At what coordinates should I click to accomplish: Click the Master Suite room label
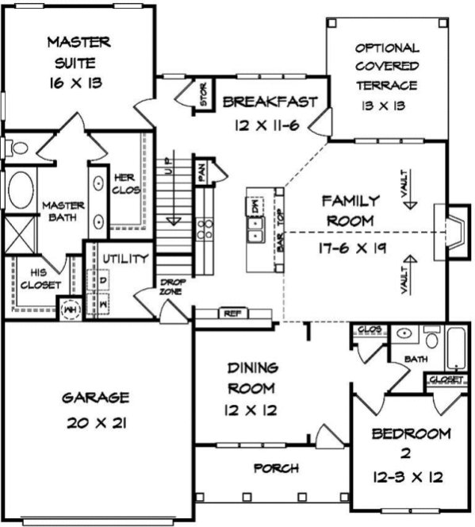pos(78,61)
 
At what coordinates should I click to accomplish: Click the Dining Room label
pos(252,389)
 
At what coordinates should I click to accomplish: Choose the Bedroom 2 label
pos(400,456)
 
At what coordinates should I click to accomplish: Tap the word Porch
pos(275,468)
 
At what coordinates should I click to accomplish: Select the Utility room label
pos(124,259)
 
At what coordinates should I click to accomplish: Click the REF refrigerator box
pos(232,314)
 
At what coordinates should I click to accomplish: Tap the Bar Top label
pos(280,231)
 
